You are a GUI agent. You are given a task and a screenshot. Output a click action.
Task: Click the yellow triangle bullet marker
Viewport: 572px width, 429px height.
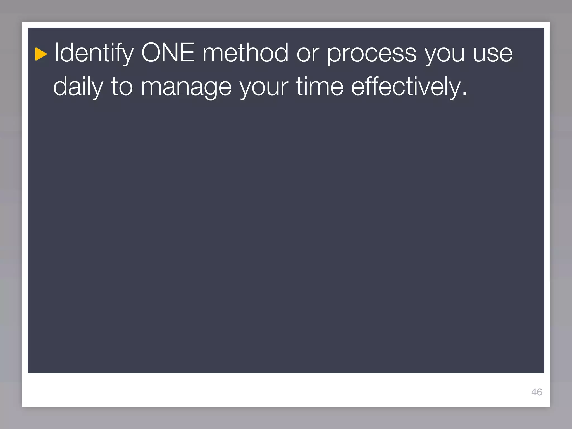coord(41,54)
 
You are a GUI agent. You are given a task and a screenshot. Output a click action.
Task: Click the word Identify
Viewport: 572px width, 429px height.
coord(94,53)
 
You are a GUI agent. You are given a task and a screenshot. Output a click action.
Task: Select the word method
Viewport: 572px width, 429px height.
coord(245,53)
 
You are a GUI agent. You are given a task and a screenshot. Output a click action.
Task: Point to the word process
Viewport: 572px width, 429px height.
coord(371,55)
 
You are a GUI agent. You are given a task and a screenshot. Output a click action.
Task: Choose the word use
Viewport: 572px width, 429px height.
coord(493,54)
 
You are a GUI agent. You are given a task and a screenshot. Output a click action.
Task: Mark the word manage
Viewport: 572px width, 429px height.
coord(186,88)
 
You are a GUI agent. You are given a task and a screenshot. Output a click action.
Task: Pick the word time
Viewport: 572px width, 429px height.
coord(320,87)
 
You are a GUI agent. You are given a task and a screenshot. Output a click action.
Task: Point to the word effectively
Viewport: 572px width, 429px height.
coord(405,87)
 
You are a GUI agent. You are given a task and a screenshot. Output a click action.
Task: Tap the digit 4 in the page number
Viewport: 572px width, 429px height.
coord(534,392)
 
